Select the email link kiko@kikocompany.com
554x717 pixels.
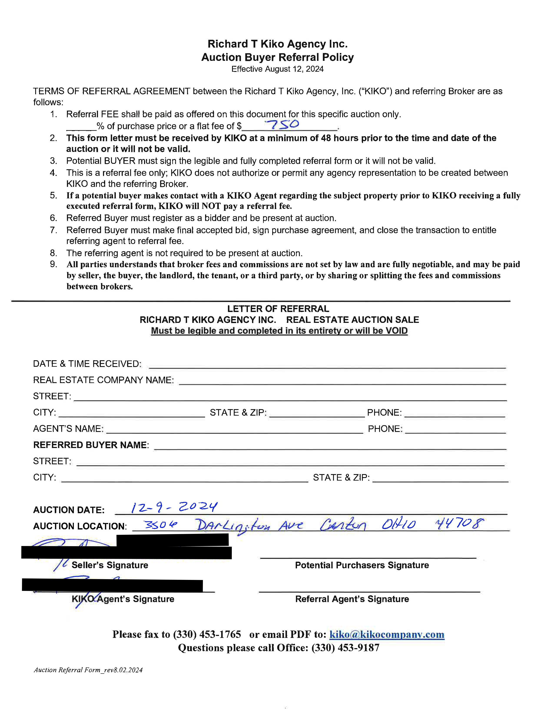pyautogui.click(x=387, y=634)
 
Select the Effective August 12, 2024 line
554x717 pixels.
pyautogui.click(x=277, y=69)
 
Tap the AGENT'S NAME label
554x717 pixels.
pyautogui.click(x=68, y=429)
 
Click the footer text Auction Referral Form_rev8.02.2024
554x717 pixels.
pyautogui.click(x=88, y=670)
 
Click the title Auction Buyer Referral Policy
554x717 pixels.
pyautogui.click(x=277, y=57)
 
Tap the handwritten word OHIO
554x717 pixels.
pyautogui.click(x=398, y=524)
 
